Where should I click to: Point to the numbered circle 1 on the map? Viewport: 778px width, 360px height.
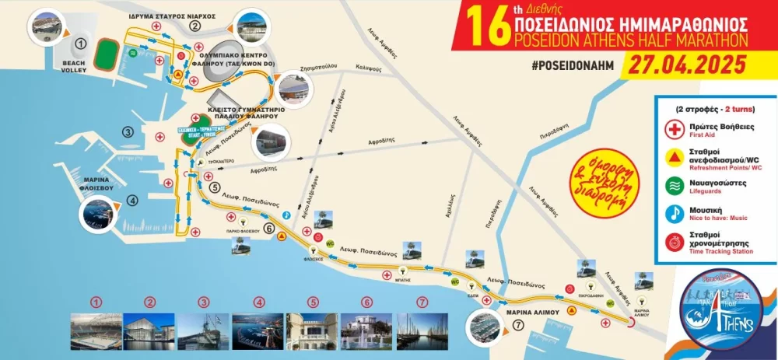(x=81, y=43)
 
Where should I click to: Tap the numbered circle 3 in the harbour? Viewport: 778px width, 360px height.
(x=128, y=132)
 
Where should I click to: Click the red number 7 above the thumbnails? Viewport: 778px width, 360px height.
(x=422, y=302)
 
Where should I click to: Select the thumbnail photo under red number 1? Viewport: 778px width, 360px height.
(x=96, y=331)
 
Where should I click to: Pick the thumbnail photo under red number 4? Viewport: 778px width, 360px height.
(x=259, y=331)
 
